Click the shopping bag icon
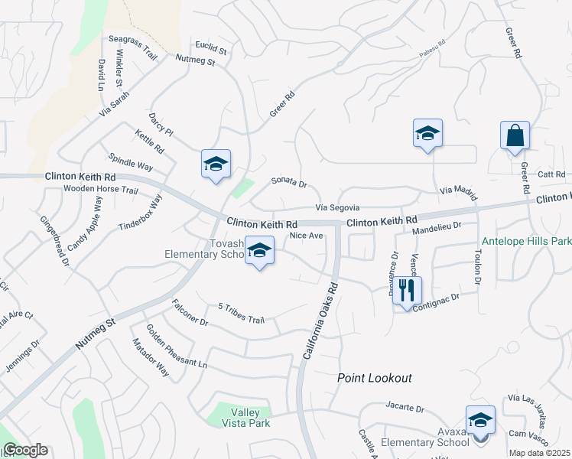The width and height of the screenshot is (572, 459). click(x=515, y=136)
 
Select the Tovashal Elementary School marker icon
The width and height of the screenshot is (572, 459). click(x=259, y=252)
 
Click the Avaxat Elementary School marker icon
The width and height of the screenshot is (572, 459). click(x=480, y=421)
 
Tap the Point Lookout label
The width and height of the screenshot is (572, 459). click(x=375, y=378)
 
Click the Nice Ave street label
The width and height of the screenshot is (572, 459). click(x=306, y=236)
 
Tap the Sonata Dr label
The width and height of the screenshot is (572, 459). click(x=289, y=184)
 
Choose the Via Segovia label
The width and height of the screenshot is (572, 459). click(x=337, y=207)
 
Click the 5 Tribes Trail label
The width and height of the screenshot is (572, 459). click(x=241, y=314)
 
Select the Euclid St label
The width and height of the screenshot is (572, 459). click(x=212, y=49)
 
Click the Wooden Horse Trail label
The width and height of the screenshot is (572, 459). click(x=100, y=189)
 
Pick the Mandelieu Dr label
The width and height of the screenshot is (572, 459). click(x=437, y=227)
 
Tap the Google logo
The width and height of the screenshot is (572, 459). click(x=25, y=450)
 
